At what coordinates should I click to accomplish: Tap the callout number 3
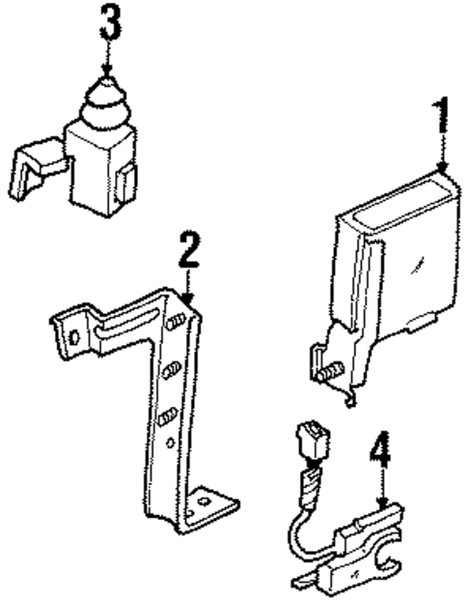coord(110,21)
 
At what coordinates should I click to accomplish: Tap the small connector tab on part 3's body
coord(124,184)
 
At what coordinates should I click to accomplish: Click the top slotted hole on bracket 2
coord(176,322)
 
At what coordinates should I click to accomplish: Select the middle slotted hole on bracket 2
coord(172,369)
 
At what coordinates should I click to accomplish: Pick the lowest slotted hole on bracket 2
coord(167,416)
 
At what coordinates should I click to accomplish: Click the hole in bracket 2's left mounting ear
coord(74,337)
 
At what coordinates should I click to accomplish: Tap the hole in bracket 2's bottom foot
coord(204,502)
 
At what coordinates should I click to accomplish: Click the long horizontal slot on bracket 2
coord(126,324)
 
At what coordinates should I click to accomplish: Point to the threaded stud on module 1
coord(330,371)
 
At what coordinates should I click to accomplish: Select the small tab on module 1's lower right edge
coord(422,322)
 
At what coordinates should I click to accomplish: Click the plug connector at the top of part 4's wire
coord(313,439)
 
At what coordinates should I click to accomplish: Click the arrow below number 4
coord(382,487)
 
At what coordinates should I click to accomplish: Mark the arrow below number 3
coord(108,58)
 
